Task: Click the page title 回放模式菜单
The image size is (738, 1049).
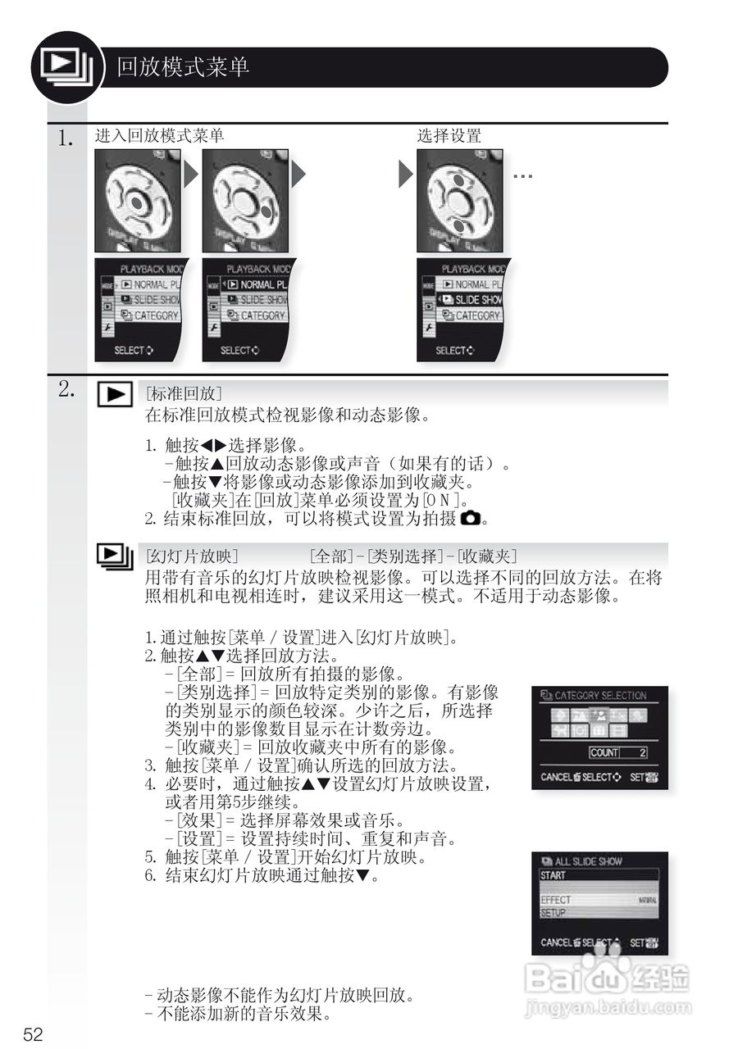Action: (182, 67)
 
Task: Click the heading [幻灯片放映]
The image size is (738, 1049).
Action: (191, 556)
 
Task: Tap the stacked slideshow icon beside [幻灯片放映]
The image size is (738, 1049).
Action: (115, 557)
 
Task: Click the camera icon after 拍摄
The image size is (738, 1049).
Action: (470, 518)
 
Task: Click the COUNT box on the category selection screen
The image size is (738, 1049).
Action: (617, 752)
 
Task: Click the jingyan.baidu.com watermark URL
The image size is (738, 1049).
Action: (608, 1006)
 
